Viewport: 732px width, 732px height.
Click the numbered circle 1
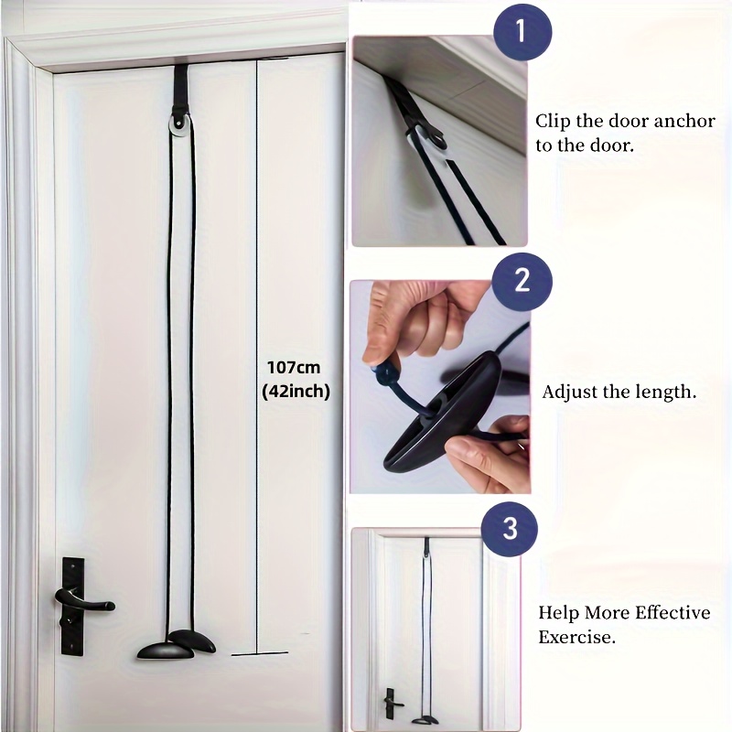point(522,31)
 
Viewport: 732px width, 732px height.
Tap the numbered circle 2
point(522,281)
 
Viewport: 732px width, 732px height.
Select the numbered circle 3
point(510,529)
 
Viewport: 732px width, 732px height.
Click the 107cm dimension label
point(294,368)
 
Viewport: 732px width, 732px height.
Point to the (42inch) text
point(296,392)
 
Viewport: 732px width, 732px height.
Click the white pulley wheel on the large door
point(179,127)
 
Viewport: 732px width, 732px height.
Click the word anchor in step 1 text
point(684,121)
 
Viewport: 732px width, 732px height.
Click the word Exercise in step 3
point(577,637)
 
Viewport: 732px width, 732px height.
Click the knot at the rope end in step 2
point(382,374)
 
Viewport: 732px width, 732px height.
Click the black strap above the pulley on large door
point(180,91)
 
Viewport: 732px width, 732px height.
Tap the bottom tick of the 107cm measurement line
point(260,653)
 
